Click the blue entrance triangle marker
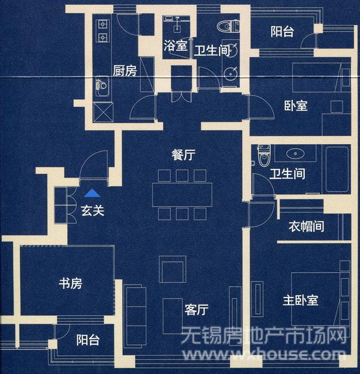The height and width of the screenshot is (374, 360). pyautogui.click(x=92, y=193)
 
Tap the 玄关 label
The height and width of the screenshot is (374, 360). pyautogui.click(x=92, y=211)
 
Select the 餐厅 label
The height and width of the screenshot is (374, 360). pyautogui.click(x=184, y=155)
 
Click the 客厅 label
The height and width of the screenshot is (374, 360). pyautogui.click(x=197, y=310)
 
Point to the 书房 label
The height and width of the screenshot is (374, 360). pyautogui.click(x=71, y=283)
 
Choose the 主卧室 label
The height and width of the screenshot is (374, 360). pyautogui.click(x=300, y=300)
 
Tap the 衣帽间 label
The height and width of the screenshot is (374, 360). pyautogui.click(x=307, y=226)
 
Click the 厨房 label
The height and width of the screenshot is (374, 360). pyautogui.click(x=125, y=71)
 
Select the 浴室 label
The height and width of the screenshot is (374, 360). pyautogui.click(x=176, y=45)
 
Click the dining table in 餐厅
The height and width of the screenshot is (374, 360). pyautogui.click(x=182, y=194)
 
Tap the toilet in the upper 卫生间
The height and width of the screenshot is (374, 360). pyautogui.click(x=228, y=26)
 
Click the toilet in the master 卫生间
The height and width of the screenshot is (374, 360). pyautogui.click(x=264, y=155)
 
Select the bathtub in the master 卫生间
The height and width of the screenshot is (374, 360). pyautogui.click(x=337, y=170)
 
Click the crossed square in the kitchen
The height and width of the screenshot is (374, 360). pyautogui.click(x=104, y=112)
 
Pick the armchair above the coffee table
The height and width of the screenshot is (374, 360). pyautogui.click(x=173, y=269)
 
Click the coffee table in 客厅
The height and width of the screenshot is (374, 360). pyautogui.click(x=173, y=316)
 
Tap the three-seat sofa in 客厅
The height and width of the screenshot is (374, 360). pyautogui.click(x=136, y=316)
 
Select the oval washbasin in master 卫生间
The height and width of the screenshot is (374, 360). pyautogui.click(x=295, y=153)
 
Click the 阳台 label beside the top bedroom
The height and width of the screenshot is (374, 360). pyautogui.click(x=282, y=32)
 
